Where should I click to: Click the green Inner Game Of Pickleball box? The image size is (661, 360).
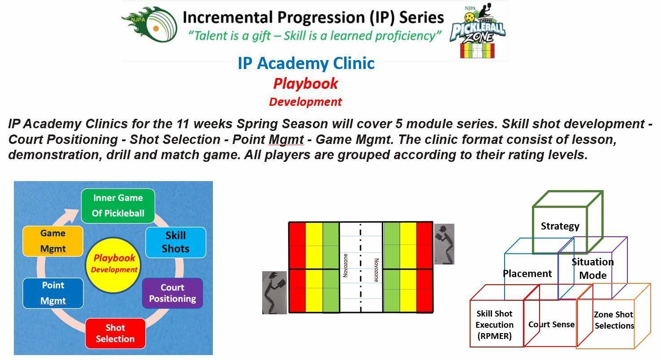pyautogui.click(x=118, y=206)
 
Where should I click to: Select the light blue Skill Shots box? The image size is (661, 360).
pyautogui.click(x=176, y=242)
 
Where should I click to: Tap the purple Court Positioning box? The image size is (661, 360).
pyautogui.click(x=173, y=293)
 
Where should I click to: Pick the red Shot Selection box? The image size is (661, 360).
pyautogui.click(x=115, y=334)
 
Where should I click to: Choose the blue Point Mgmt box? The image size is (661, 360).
pyautogui.click(x=53, y=293)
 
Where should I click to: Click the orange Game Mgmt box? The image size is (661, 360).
pyautogui.click(x=53, y=241)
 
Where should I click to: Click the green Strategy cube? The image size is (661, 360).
pyautogui.click(x=560, y=226)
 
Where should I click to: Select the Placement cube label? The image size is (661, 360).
pyautogui.click(x=527, y=273)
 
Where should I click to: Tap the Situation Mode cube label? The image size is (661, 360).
pyautogui.click(x=592, y=269)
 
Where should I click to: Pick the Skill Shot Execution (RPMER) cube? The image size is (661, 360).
pyautogui.click(x=494, y=325)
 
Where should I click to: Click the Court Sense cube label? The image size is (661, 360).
pyautogui.click(x=551, y=325)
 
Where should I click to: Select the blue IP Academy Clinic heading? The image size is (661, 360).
pyautogui.click(x=306, y=64)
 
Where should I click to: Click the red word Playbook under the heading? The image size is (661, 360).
pyautogui.click(x=306, y=84)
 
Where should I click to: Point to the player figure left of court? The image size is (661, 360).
pyautogui.click(x=274, y=292)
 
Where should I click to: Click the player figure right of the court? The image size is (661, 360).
pyautogui.click(x=444, y=244)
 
